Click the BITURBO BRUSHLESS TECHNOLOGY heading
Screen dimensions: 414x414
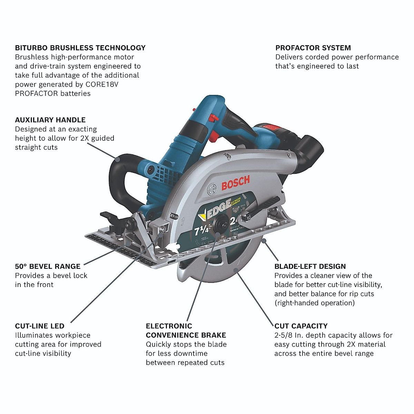click(x=80, y=48)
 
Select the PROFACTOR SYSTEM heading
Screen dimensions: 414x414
click(x=313, y=48)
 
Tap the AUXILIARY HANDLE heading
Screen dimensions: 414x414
click(x=50, y=120)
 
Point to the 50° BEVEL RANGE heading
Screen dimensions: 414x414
click(x=48, y=266)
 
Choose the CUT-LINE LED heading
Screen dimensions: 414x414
click(x=40, y=326)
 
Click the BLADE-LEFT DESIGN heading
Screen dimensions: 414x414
click(x=310, y=266)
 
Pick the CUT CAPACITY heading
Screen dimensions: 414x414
click(x=301, y=326)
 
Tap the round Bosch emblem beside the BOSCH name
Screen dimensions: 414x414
click(x=212, y=189)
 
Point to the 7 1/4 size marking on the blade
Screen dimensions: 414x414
click(x=201, y=229)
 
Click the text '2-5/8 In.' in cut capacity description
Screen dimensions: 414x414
click(x=288, y=335)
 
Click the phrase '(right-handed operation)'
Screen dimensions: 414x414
click(x=314, y=303)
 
